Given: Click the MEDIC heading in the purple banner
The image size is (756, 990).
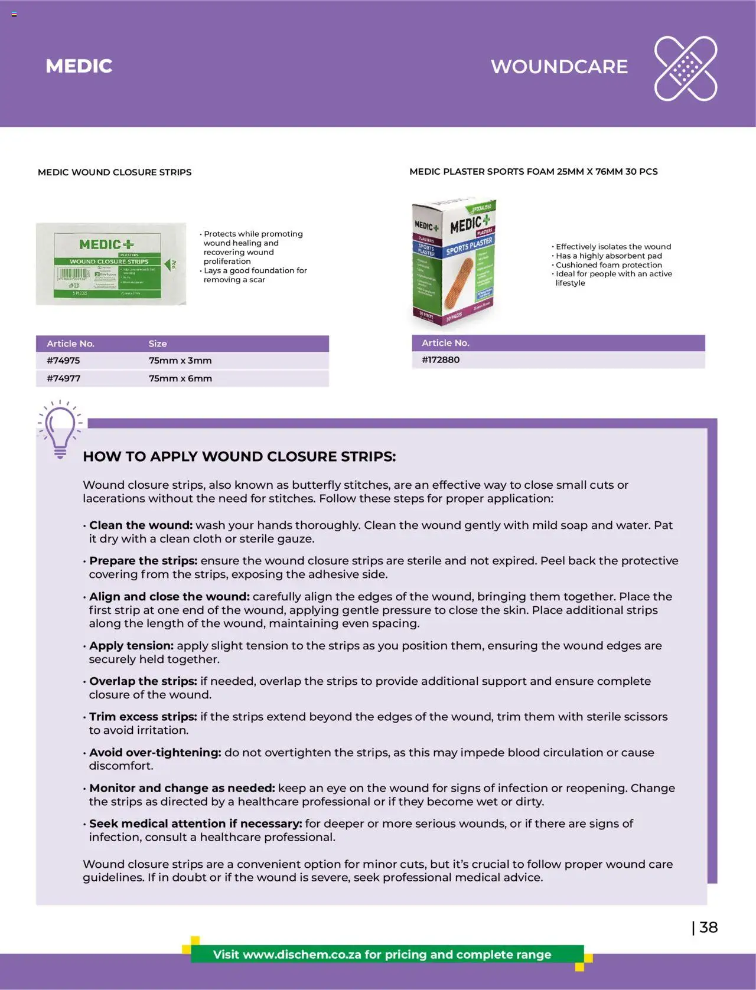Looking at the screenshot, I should click(x=79, y=66).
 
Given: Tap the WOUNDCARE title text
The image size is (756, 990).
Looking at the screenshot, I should click(x=559, y=67).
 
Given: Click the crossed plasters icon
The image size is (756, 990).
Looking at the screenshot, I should click(x=685, y=68).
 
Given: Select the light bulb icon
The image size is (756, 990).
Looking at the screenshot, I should click(x=60, y=429).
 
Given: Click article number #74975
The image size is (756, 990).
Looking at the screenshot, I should click(x=63, y=360).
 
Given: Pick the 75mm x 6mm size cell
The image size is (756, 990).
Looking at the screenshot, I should click(x=180, y=378).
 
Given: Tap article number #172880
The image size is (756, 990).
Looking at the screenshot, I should click(x=441, y=360).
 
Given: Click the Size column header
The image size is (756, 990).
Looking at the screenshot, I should click(x=158, y=344).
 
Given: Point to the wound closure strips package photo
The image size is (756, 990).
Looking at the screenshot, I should click(x=111, y=264).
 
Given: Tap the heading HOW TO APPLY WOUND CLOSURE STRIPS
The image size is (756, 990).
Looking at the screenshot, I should click(x=239, y=456).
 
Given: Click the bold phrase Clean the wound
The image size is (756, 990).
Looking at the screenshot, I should click(x=141, y=525).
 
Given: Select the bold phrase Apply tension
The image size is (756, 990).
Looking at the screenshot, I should click(x=131, y=645).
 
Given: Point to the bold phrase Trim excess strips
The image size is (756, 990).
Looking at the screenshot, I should click(x=143, y=716).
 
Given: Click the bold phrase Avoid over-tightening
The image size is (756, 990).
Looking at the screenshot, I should click(x=155, y=752).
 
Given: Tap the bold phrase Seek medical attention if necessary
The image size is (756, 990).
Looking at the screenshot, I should click(x=195, y=823).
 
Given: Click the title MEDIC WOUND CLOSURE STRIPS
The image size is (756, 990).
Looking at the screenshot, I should click(x=115, y=172).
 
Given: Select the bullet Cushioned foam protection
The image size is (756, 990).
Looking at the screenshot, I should click(x=608, y=265).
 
